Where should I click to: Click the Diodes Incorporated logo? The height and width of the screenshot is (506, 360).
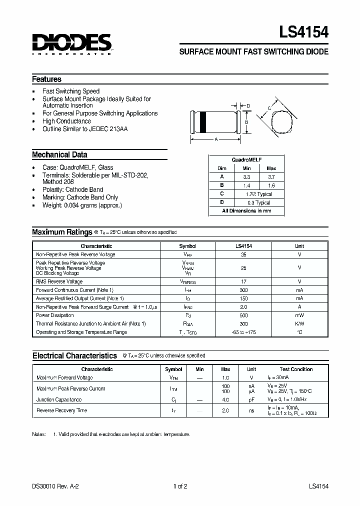point(71,44)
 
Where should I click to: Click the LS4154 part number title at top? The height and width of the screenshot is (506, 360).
point(304,33)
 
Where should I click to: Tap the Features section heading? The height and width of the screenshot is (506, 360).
point(46,79)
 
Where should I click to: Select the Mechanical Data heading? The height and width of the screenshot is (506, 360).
point(59,154)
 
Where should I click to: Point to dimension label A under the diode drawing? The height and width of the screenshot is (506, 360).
point(216,139)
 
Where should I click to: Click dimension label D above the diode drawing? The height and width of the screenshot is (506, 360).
point(248,105)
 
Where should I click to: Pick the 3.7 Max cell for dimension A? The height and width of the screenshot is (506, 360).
point(271,177)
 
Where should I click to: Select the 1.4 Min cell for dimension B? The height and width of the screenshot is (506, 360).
point(246,185)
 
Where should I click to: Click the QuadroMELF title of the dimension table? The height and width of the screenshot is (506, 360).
point(246,159)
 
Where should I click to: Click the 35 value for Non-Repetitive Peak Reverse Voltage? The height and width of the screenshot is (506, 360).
point(243,254)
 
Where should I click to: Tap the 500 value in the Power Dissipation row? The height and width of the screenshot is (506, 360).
point(243,315)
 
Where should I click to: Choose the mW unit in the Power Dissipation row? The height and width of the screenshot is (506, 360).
point(299,315)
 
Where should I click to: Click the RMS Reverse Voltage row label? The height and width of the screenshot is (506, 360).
point(59,281)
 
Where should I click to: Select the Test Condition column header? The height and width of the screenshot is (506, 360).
point(296,369)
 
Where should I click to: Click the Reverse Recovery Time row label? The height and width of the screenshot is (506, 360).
point(61,410)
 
